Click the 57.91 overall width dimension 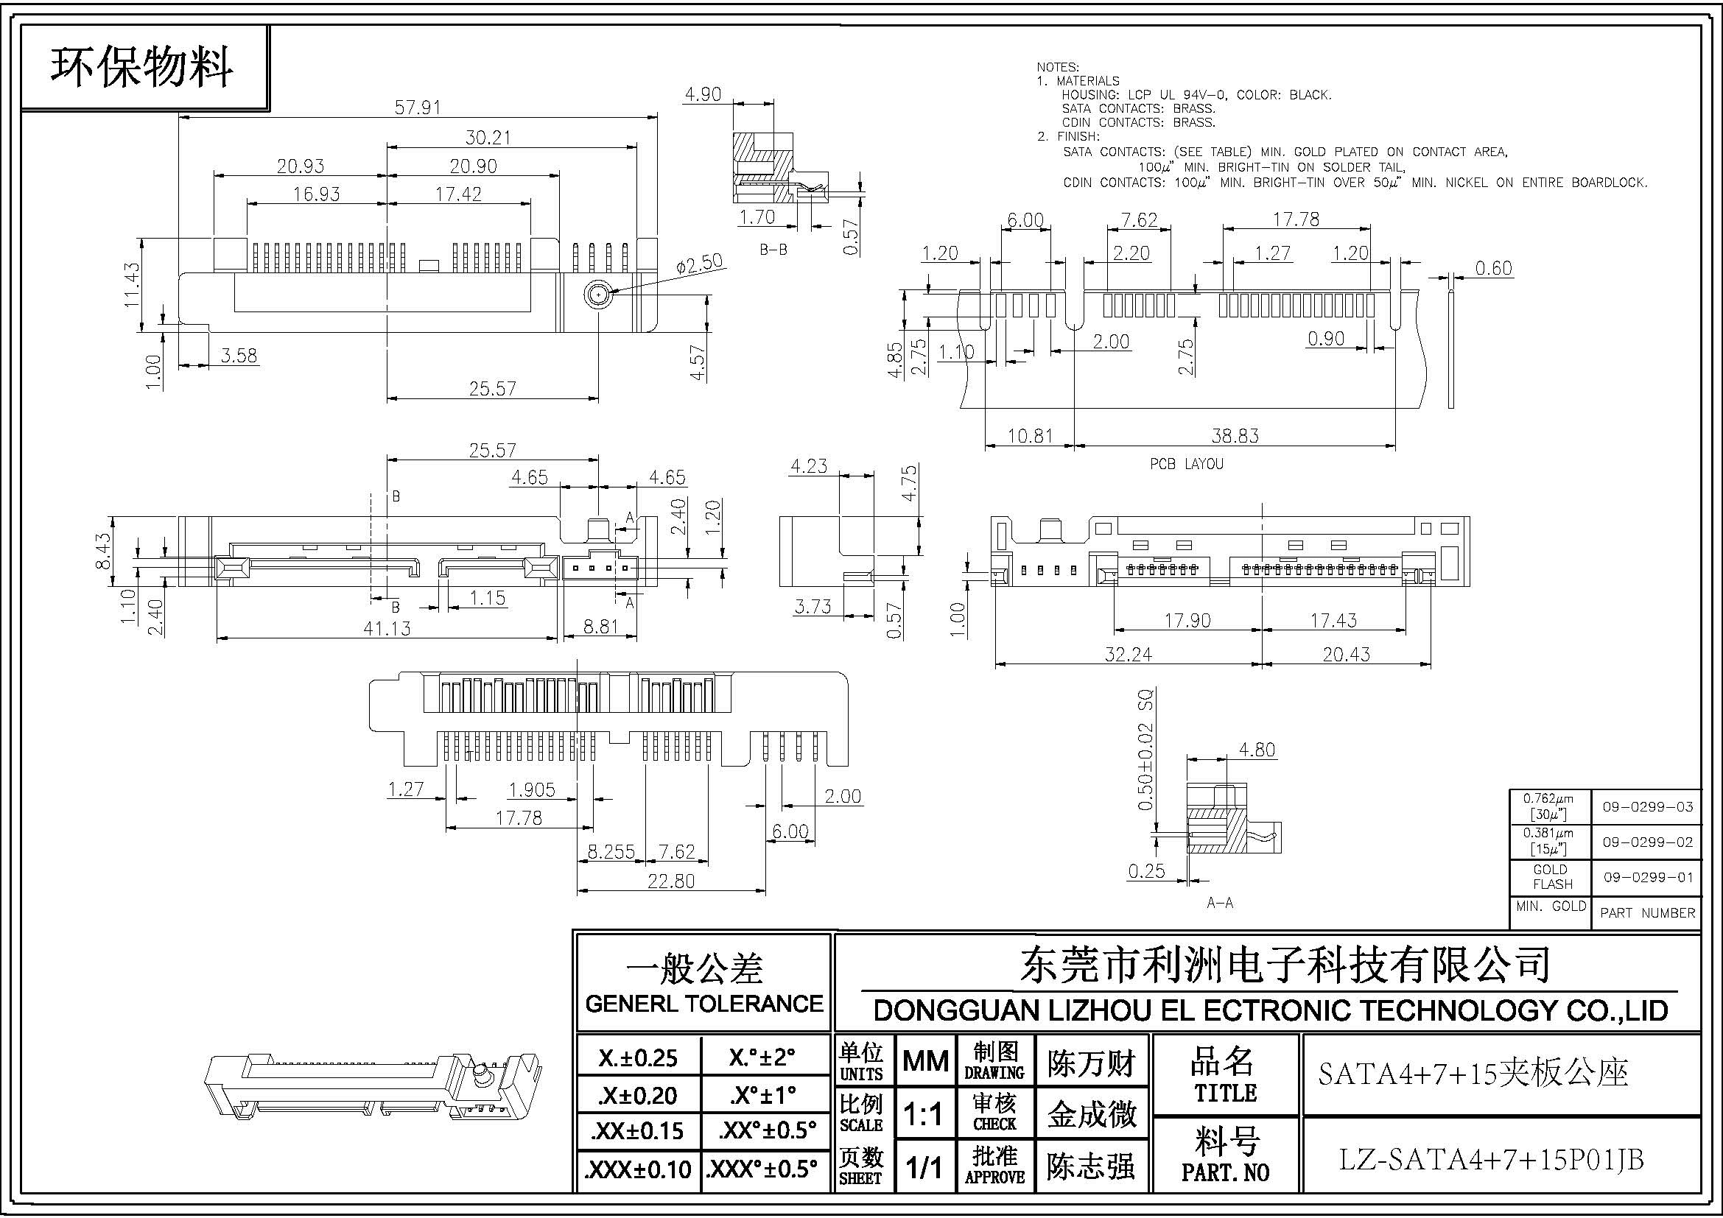[x=417, y=108]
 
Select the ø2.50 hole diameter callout [x=698, y=264]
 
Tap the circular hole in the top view [x=597, y=295]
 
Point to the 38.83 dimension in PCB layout [x=1235, y=435]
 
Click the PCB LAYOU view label [x=1187, y=464]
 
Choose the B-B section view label [x=773, y=250]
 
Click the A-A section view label [x=1219, y=903]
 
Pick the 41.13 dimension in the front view [x=387, y=627]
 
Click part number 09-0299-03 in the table [x=1648, y=807]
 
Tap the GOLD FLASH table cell [x=1550, y=876]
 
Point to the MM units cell [x=925, y=1060]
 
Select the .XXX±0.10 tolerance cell [x=637, y=1169]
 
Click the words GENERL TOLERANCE [x=703, y=1004]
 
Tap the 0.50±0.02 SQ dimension [x=1145, y=749]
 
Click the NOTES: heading [x=1057, y=68]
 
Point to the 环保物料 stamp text [x=141, y=68]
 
